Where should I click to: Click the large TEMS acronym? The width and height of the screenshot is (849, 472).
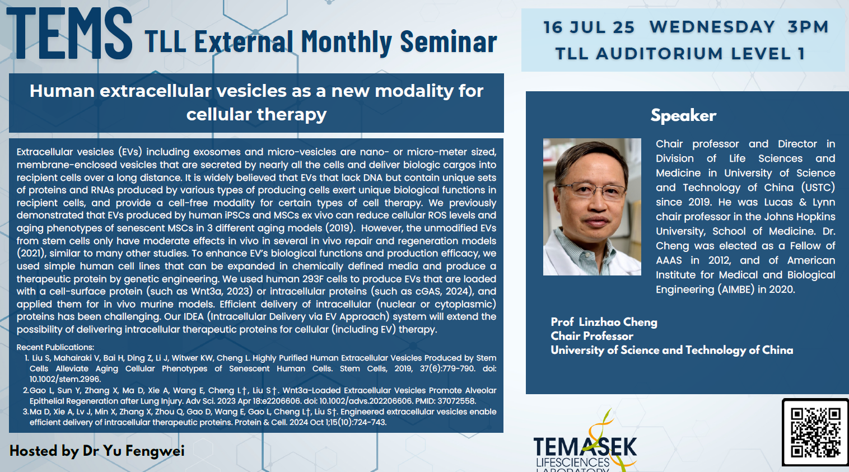69,34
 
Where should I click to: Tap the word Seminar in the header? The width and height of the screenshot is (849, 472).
448,42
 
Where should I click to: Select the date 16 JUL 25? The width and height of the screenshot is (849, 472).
589,27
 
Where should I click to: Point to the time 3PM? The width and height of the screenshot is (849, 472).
808,27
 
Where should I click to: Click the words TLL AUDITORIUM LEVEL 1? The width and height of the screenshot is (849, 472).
680,54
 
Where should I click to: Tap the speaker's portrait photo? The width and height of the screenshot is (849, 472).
592,207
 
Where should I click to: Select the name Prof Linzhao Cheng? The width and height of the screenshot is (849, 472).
604,322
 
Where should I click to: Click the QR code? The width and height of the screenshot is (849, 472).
815,432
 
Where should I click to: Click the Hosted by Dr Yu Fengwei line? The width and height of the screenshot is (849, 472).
97,451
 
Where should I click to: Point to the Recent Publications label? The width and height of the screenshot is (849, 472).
55,347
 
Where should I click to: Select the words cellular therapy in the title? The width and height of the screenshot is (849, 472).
256,114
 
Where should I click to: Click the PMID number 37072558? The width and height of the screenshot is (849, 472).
456,401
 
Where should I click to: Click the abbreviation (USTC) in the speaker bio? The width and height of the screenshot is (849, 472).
818,188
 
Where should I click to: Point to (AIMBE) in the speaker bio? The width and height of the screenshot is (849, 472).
736,289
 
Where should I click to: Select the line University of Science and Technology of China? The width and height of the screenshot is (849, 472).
671,350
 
